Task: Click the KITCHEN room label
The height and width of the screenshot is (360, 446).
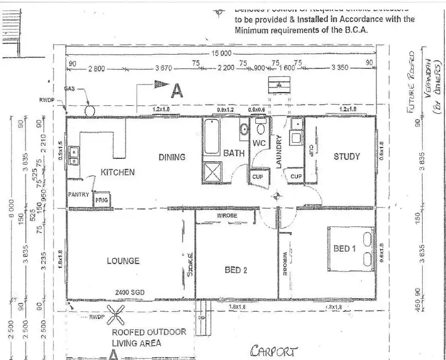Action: pyautogui.click(x=118, y=172)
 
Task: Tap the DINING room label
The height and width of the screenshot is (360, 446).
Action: pyautogui.click(x=172, y=157)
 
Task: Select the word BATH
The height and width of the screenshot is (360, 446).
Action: pyautogui.click(x=234, y=154)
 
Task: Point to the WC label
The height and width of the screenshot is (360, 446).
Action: pyautogui.click(x=258, y=143)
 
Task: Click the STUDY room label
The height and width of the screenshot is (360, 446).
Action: pyautogui.click(x=347, y=156)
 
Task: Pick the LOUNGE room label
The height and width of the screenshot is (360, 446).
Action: pyautogui.click(x=123, y=261)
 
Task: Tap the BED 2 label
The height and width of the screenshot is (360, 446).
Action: pyautogui.click(x=236, y=270)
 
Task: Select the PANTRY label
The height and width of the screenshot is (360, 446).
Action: pyautogui.click(x=78, y=195)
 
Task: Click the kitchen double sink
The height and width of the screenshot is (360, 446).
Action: pyautogui.click(x=74, y=156)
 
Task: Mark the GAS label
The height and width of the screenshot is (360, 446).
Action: pyautogui.click(x=69, y=87)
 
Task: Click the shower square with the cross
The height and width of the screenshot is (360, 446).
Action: pyautogui.click(x=212, y=172)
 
